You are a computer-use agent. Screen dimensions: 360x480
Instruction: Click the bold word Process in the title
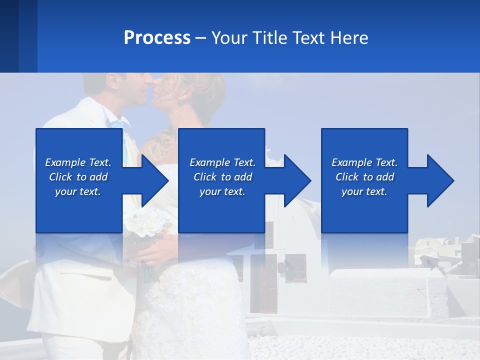pos(157,38)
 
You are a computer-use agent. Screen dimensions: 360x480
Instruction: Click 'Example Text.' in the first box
pos(78,162)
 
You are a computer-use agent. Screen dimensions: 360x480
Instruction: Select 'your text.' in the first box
pos(78,191)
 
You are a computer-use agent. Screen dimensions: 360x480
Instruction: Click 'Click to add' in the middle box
pos(222,177)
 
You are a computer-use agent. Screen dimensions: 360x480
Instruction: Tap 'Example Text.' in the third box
pos(364,162)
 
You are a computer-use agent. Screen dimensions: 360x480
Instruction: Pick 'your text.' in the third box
pos(364,191)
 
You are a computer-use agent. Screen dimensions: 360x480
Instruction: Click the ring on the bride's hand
pos(148,258)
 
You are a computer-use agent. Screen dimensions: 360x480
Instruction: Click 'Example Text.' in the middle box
pos(222,162)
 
